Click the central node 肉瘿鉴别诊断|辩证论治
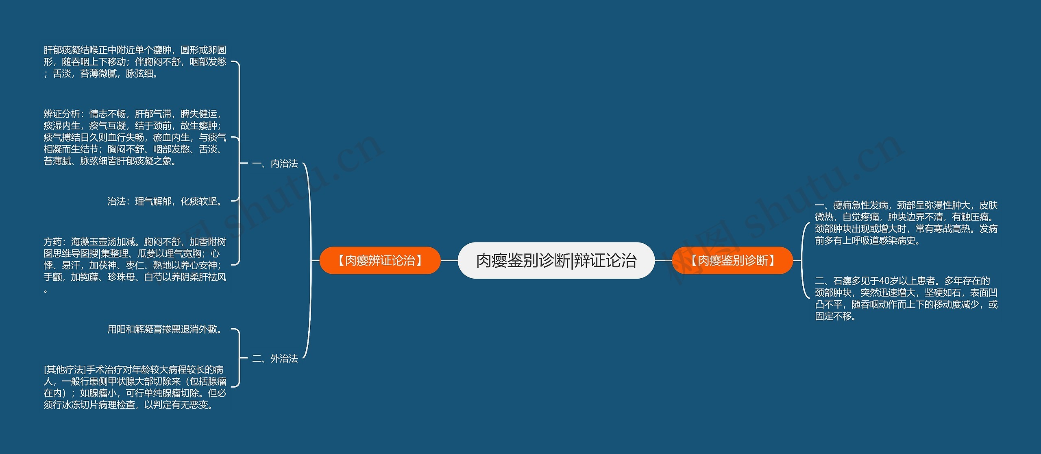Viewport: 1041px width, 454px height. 556,260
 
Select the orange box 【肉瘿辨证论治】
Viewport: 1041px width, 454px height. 380,260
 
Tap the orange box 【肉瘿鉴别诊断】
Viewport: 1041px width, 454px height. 732,260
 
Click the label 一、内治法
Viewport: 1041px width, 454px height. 275,164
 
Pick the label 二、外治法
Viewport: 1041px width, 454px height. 275,358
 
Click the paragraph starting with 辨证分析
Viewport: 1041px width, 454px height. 135,138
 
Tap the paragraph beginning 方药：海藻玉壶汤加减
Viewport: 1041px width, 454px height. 135,265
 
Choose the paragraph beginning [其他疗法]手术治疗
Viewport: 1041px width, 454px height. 135,387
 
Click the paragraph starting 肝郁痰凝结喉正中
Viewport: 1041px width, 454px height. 135,62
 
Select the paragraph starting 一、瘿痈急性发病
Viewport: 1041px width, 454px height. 906,223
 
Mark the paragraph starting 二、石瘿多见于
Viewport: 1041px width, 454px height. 906,299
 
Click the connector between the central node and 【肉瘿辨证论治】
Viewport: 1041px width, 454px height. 449,260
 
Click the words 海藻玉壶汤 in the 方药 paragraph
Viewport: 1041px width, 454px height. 94,242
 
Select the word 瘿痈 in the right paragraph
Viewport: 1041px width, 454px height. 842,205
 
